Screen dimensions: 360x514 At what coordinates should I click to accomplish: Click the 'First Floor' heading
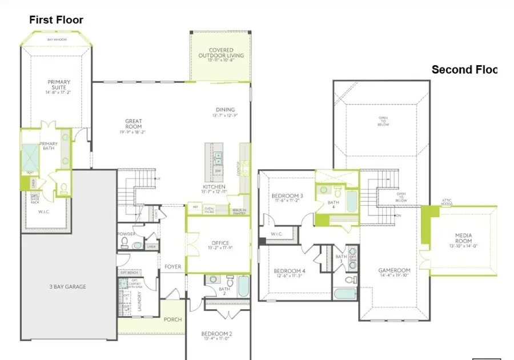56,20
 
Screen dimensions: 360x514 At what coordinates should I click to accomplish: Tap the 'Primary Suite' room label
59,86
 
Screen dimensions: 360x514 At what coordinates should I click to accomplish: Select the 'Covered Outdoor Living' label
221,53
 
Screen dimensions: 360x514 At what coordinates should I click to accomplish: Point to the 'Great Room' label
134,124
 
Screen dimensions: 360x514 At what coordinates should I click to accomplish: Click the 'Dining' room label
225,110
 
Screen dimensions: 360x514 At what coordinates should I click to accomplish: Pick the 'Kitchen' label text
214,187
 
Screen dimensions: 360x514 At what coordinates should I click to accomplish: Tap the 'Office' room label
220,243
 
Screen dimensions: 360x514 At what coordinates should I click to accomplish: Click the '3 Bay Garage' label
67,286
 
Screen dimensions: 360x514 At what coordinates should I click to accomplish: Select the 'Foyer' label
173,267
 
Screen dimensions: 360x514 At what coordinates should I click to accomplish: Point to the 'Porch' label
173,319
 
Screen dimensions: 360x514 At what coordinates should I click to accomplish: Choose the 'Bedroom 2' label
216,334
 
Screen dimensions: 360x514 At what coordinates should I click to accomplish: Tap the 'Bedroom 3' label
287,196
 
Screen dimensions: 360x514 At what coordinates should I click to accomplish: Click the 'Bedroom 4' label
290,271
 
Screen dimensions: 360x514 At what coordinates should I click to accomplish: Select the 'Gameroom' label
395,270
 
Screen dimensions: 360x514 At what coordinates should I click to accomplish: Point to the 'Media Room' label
463,238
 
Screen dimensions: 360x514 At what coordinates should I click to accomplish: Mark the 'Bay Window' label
55,39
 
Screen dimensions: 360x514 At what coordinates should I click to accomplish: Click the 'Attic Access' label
447,202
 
